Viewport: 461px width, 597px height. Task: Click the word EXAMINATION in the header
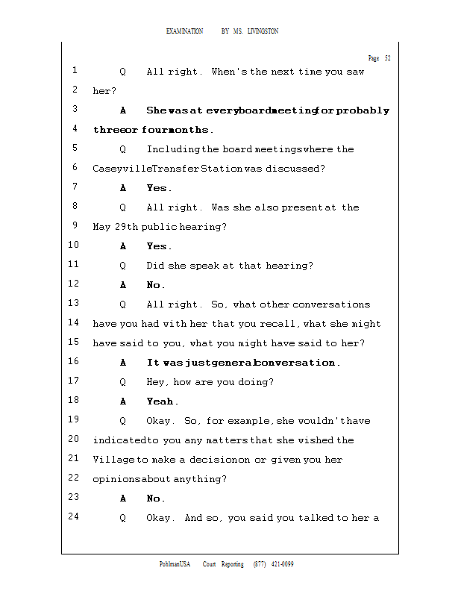pos(185,31)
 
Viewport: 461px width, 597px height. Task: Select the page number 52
pos(388,58)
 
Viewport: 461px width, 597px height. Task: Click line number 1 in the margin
pos(75,71)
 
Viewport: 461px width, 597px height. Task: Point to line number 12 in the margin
pos(73,284)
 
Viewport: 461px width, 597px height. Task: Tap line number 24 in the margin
pos(73,517)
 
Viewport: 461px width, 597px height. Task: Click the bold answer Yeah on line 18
pos(161,401)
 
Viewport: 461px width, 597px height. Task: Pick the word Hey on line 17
pos(156,382)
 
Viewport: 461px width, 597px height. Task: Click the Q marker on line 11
pos(122,266)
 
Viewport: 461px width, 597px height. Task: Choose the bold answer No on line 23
pos(156,498)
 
